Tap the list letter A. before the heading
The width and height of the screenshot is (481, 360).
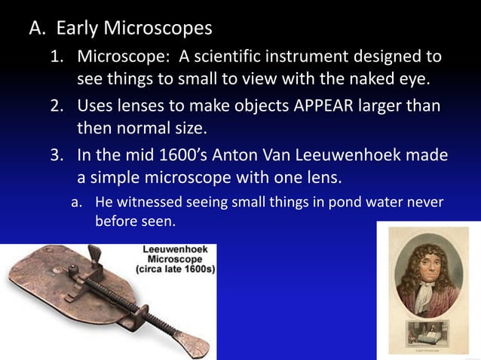point(38,29)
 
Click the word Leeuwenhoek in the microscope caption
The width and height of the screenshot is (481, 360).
point(178,249)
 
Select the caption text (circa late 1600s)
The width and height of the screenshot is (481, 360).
point(175,269)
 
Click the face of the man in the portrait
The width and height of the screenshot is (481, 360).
point(428,271)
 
